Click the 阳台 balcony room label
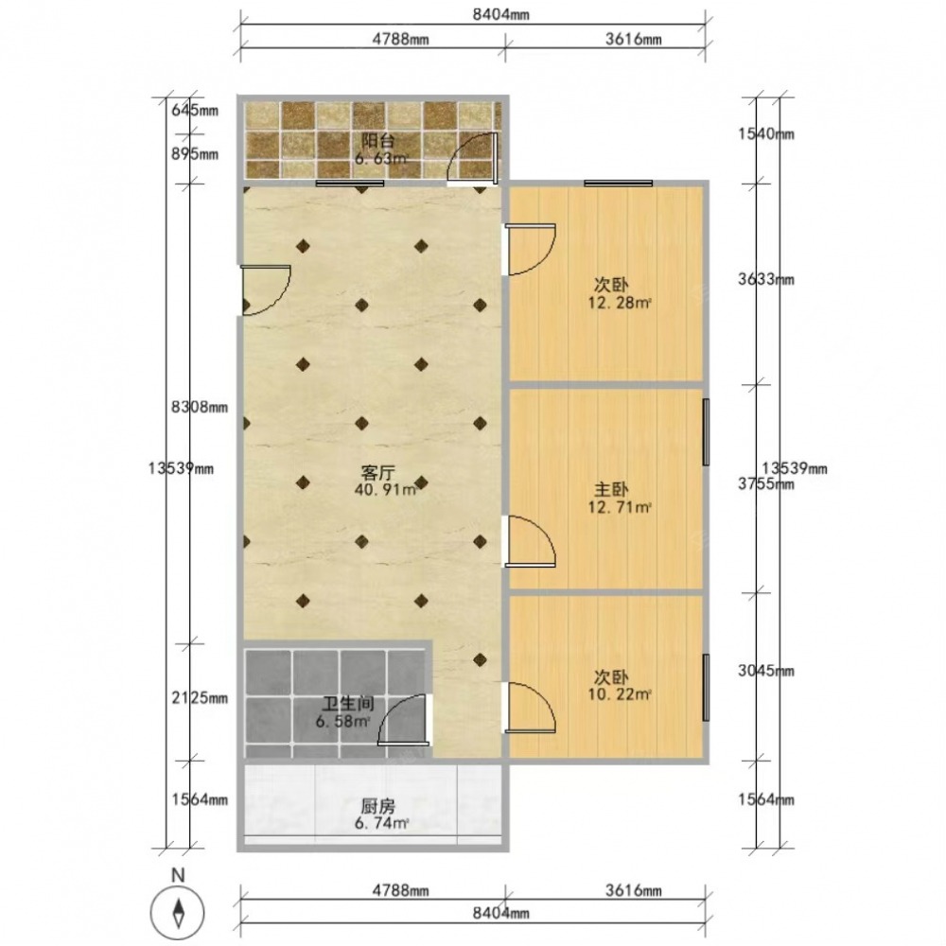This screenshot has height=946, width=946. coord(377,141)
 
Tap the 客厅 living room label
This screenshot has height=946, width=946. coord(377,472)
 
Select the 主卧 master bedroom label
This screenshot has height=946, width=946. coord(611,489)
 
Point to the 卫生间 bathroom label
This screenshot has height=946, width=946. coord(348,704)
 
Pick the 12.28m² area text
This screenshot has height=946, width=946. coord(620,303)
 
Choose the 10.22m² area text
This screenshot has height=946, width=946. coord(620,694)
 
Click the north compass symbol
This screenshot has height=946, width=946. coord(179,911)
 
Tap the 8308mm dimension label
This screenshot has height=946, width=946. coord(200,407)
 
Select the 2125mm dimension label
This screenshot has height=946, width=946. coord(200,698)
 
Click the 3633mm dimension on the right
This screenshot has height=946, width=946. coord(766,279)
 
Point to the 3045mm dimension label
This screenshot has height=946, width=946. coord(766,671)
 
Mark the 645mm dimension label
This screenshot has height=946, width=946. coord(195,111)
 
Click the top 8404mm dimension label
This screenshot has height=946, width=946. coord(500,14)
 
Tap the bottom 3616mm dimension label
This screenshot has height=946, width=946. coord(634,890)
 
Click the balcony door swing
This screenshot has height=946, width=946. coord(472,157)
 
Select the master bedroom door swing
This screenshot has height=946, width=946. coord(531,541)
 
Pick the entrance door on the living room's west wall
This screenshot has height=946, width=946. coord(266,290)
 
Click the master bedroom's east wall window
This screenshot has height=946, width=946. coord(706,432)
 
